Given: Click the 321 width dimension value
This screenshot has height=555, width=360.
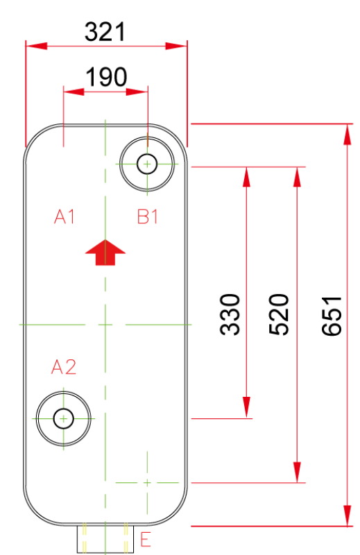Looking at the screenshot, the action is pos(105,32).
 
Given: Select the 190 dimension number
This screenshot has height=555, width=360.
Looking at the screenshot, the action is pos(106,77).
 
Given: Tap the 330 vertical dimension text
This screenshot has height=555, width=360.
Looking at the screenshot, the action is pos(230,315).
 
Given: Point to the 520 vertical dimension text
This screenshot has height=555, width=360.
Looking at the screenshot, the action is pos(279,315).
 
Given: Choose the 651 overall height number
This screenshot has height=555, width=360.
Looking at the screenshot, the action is pos(332,316).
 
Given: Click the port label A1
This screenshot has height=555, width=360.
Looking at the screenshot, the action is pos(65,216).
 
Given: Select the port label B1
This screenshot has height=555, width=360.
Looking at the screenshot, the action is pos(147,216).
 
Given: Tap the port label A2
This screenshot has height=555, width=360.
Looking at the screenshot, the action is pos(64,367).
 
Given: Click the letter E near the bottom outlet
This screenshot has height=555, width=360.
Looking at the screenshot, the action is pos(146,540).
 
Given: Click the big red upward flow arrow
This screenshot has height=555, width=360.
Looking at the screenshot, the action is pos(105,253).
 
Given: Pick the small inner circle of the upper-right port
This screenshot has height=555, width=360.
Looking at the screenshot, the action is pos(147,164).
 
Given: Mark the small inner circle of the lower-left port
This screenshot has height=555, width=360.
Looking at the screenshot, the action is pos(63,419).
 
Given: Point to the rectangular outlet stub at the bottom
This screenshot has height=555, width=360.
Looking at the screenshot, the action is pos(105,539).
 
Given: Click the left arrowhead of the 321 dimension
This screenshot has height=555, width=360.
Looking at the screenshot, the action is pos(37,46).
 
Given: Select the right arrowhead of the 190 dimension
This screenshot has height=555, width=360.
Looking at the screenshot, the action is pos(137,92).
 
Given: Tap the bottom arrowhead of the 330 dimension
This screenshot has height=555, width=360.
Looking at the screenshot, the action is pos(247,408).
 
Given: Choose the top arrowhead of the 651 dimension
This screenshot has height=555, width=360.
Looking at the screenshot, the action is pos(348,135).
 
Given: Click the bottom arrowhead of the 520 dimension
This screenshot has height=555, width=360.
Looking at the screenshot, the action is pos(298,472).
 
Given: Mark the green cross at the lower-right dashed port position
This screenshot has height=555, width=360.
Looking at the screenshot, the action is pos(147,482).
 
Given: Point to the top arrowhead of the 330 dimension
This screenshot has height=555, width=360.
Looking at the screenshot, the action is pos(247,177).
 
